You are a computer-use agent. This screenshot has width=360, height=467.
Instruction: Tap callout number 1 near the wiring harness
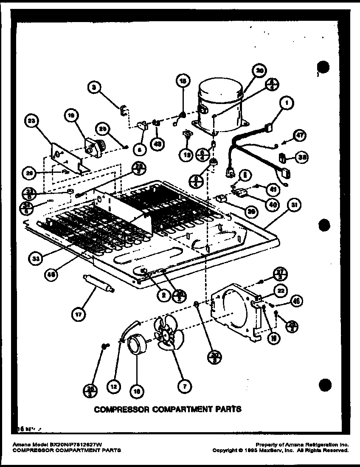click(x=287, y=102)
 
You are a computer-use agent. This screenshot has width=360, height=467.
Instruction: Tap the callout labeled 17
click(x=79, y=315)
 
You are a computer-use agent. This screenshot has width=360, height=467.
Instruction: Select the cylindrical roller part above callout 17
click(x=98, y=283)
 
